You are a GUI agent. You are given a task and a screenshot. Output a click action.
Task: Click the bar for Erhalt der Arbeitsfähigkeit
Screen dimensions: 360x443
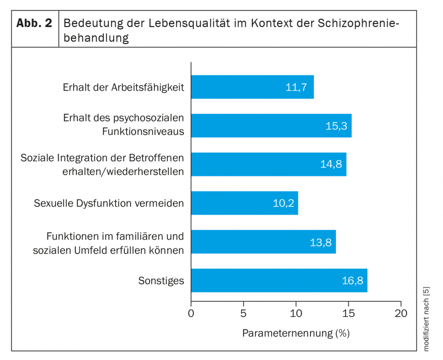pyautogui.click(x=252, y=87)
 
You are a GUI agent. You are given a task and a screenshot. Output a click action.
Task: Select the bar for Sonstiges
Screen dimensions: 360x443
pyautogui.click(x=279, y=281)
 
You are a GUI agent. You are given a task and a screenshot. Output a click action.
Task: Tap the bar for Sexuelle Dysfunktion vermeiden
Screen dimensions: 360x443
pyautogui.click(x=244, y=203)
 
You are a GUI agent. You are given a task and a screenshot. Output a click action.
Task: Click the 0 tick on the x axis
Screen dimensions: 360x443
pyautogui.click(x=191, y=313)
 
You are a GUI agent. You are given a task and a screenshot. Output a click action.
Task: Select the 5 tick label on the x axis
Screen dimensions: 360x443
pyautogui.click(x=243, y=313)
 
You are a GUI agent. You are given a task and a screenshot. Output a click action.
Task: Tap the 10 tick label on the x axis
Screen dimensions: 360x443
pyautogui.click(x=296, y=313)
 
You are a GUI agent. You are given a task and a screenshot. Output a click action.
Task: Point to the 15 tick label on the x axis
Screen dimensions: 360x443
pyautogui.click(x=348, y=313)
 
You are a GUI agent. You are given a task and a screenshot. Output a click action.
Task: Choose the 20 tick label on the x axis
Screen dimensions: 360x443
pyautogui.click(x=401, y=313)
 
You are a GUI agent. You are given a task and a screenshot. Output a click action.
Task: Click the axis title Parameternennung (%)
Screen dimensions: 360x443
pyautogui.click(x=296, y=333)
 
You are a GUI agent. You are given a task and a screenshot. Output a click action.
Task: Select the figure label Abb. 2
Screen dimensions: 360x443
pyautogui.click(x=35, y=23)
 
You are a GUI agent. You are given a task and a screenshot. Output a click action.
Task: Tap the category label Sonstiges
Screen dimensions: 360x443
pyautogui.click(x=161, y=281)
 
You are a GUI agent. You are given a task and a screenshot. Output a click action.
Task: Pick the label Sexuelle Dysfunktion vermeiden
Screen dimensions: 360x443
pyautogui.click(x=109, y=203)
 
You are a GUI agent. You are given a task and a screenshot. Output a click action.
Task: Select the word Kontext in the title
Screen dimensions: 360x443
pyautogui.click(x=272, y=23)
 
